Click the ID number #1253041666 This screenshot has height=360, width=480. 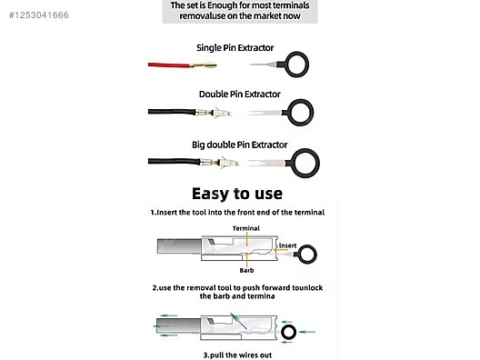39,15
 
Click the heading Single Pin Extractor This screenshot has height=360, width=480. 235,48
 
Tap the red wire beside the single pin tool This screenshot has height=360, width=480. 169,65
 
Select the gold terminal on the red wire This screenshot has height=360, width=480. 204,65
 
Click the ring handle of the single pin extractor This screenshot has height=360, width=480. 296,54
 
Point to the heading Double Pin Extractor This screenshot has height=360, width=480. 240,95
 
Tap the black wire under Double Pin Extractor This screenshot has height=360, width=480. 172,112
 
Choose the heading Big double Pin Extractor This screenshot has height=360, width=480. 240,145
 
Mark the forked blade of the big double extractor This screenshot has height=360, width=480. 267,163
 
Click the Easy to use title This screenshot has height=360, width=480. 237,194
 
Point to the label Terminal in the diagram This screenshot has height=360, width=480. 245,228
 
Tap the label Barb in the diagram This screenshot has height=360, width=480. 246,270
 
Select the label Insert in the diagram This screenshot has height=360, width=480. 287,245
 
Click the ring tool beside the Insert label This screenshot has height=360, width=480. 306,246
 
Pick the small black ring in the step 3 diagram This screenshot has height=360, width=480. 288,326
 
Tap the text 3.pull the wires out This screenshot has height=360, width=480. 237,355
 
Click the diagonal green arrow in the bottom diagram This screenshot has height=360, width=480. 238,321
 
